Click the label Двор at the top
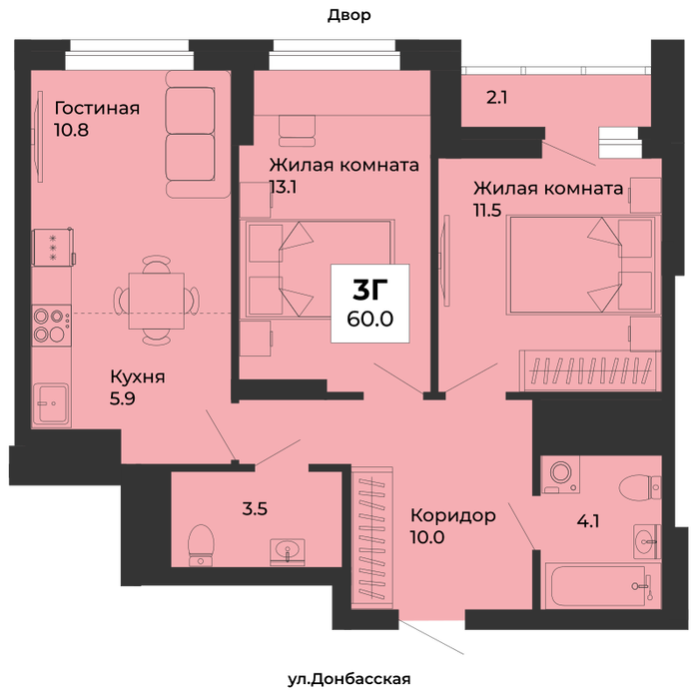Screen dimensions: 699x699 coord(349,16)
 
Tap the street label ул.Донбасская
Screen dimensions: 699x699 coord(349,679)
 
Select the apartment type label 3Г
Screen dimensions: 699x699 coord(370,290)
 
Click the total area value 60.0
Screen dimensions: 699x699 coord(370,320)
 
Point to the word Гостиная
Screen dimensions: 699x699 coord(97,108)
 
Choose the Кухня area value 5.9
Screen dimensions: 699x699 coord(123,398)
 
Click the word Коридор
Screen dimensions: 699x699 coord(453,516)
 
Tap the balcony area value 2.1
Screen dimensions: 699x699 coord(496,97)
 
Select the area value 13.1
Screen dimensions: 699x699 coord(284,188)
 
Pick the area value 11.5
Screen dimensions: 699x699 coord(487,210)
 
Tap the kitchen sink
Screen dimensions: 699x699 coord(51,403)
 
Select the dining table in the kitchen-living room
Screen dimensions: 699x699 coord(157,301)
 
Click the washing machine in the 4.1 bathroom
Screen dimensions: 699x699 coord(560,474)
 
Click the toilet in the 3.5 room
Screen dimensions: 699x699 coord(201,545)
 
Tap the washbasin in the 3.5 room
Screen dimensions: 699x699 coord(288,552)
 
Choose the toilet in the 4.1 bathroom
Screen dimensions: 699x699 coord(640,486)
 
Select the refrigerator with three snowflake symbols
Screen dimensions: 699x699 coord(53,248)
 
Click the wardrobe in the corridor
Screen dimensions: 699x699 coord(372,537)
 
